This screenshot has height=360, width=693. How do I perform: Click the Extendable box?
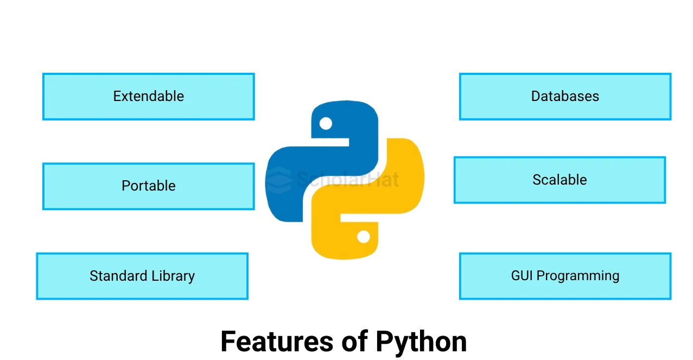[x=148, y=97]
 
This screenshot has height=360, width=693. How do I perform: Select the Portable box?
[x=148, y=186]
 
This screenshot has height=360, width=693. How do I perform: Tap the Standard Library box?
[x=142, y=276]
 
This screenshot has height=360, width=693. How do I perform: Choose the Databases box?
[x=565, y=97]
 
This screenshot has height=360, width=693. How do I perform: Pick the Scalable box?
[x=560, y=180]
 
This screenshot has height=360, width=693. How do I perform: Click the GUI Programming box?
[x=565, y=276]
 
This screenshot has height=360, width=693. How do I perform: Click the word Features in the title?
[x=277, y=342]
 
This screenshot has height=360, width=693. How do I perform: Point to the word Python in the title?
[x=421, y=342]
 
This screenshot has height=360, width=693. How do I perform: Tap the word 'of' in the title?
[x=355, y=342]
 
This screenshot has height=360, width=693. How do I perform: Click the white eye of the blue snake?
[x=326, y=123]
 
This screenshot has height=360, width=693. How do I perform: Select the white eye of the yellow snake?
[x=364, y=237]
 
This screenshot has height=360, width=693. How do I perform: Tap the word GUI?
[x=522, y=276]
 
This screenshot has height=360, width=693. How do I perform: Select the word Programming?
[x=578, y=276]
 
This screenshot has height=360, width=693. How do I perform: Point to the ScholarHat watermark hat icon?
[x=280, y=179]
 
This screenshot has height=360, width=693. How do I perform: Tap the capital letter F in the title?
[x=228, y=342]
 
